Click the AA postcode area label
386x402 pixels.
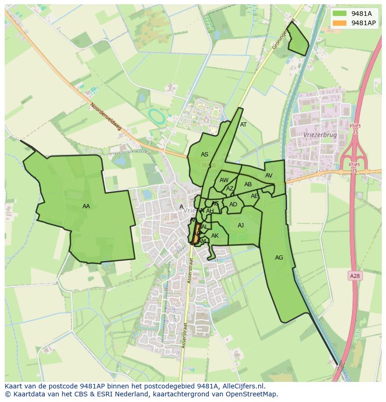(x=86, y=206)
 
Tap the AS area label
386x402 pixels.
(x=205, y=155)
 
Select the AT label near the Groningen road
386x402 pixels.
(x=243, y=125)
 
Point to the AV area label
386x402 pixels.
(x=269, y=176)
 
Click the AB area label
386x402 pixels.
(x=248, y=184)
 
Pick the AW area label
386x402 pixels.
(x=224, y=180)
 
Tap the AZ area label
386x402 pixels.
(x=229, y=189)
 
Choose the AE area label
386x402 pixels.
(x=254, y=196)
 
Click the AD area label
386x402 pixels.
(x=233, y=205)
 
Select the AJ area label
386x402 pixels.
(x=241, y=226)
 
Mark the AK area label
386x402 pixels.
(x=215, y=236)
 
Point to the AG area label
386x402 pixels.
(x=279, y=258)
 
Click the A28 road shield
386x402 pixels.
(x=355, y=276)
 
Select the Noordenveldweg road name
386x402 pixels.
(x=106, y=117)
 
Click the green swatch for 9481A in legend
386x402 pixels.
(x=340, y=14)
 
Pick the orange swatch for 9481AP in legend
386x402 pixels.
(x=340, y=23)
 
